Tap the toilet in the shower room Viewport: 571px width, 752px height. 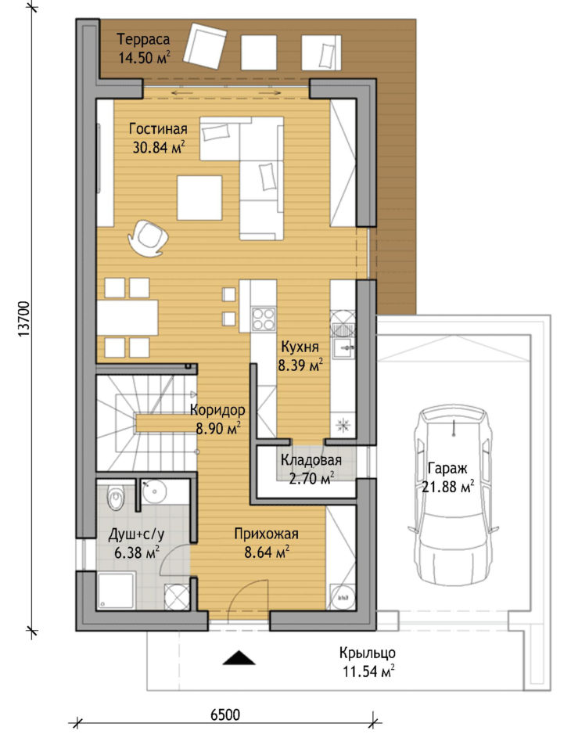[116, 498]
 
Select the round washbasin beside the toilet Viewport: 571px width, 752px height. [154, 491]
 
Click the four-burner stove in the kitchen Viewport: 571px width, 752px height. [264, 319]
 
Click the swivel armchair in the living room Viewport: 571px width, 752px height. [148, 237]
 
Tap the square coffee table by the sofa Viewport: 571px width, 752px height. [199, 198]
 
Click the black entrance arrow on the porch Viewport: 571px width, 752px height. [239, 657]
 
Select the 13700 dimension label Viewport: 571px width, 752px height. [24, 319]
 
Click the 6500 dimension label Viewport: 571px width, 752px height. [225, 715]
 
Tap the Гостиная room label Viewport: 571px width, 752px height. [158, 129]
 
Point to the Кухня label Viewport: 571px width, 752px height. [300, 347]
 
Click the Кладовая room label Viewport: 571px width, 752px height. [311, 460]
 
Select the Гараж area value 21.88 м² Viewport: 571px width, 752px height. [447, 487]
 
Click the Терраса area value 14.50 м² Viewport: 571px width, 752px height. [144, 58]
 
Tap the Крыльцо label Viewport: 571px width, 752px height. [368, 653]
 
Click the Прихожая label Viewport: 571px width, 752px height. [267, 534]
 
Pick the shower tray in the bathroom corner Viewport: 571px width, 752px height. [116, 591]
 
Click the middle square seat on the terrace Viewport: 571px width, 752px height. [259, 52]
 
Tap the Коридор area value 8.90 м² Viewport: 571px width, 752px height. [218, 428]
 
